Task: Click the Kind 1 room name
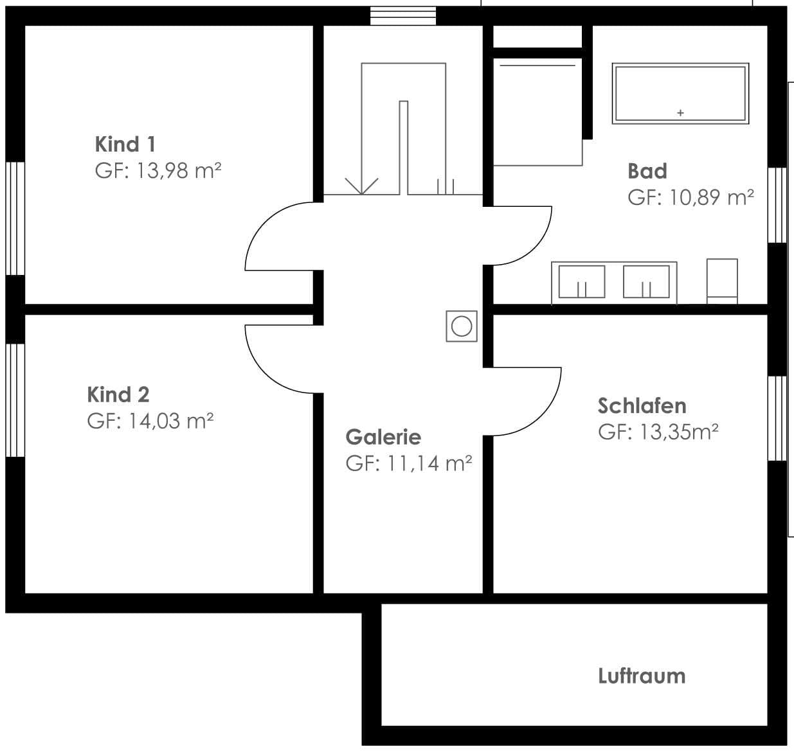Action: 125,144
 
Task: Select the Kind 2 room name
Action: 118,394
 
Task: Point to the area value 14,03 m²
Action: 171,421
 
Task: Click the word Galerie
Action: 383,437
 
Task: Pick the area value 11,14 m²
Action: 429,463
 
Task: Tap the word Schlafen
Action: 642,405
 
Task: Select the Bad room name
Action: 647,171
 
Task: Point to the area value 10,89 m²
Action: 712,197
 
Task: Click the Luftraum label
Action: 642,676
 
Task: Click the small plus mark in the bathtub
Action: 680,112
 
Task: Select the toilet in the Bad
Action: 722,281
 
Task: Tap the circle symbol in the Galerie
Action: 462,326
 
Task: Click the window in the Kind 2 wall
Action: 15,400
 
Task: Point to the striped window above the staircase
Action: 403,16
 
